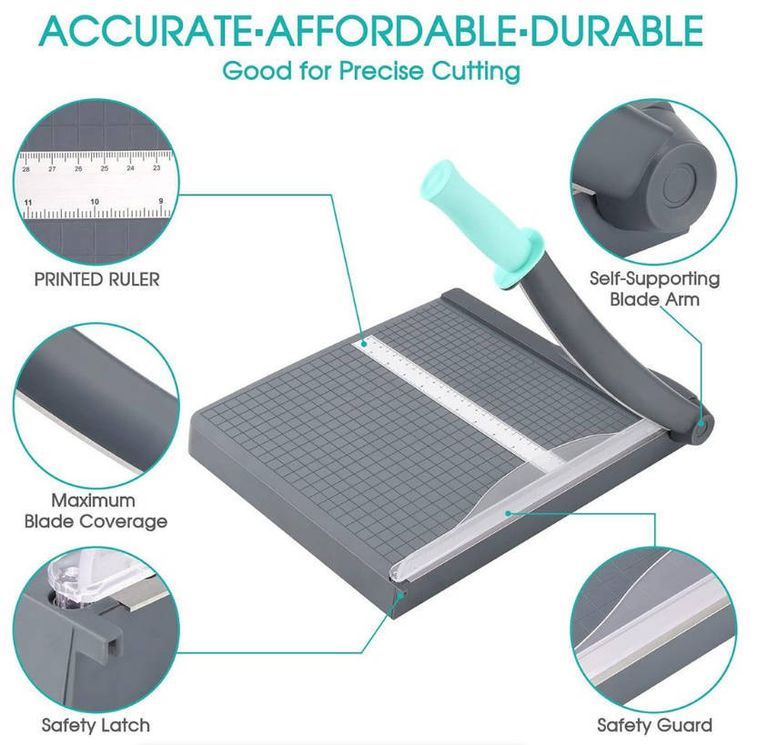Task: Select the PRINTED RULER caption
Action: coord(96,279)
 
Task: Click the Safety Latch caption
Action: coord(96,725)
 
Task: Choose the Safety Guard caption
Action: coord(654,725)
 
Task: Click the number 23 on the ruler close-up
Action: coord(157,168)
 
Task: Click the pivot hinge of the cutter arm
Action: coord(702,424)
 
